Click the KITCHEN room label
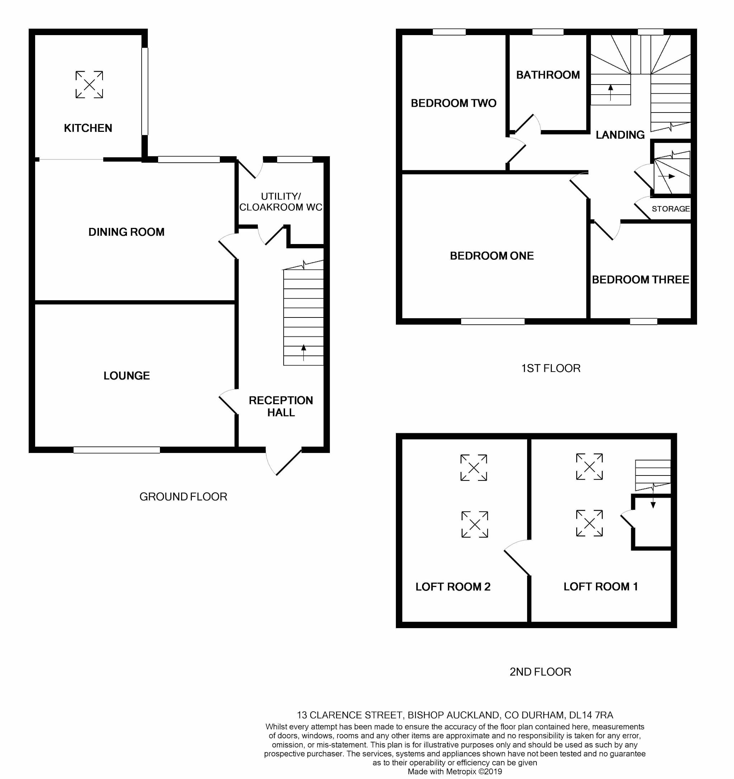click(88, 128)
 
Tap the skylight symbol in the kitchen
click(89, 84)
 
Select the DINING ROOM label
click(126, 232)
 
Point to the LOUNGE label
click(127, 376)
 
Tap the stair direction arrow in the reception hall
click(303, 352)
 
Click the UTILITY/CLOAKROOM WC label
click(281, 202)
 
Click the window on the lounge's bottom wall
click(117, 450)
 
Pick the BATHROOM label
click(548, 75)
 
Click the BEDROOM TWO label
click(453, 103)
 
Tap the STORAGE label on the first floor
click(671, 209)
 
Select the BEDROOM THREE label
click(640, 279)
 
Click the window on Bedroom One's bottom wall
click(492, 321)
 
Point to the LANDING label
click(620, 135)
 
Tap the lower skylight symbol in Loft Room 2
click(474, 524)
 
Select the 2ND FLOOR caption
click(540, 672)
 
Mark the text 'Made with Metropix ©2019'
click(454, 771)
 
